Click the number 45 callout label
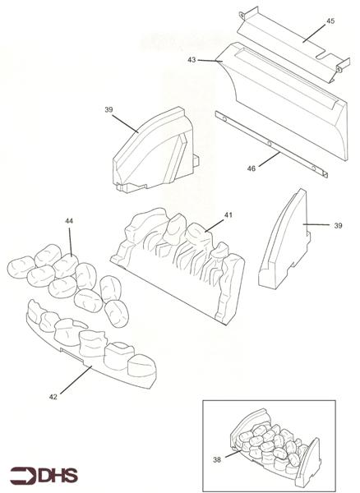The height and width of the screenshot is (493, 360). click(330, 21)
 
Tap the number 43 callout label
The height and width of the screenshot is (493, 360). click(192, 60)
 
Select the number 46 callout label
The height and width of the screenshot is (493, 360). click(252, 168)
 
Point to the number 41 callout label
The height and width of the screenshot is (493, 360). click(228, 215)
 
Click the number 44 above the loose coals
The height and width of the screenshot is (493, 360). click(69, 221)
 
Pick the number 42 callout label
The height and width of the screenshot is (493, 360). click(53, 397)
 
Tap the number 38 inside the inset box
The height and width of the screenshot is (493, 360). click(217, 460)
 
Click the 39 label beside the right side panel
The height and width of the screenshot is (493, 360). click(338, 226)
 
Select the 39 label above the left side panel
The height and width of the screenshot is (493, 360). click(108, 110)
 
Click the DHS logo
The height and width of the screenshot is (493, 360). click(44, 476)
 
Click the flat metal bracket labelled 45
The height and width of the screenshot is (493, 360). click(293, 44)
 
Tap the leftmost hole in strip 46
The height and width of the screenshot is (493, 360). click(224, 118)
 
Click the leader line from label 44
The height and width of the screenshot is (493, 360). click(70, 242)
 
